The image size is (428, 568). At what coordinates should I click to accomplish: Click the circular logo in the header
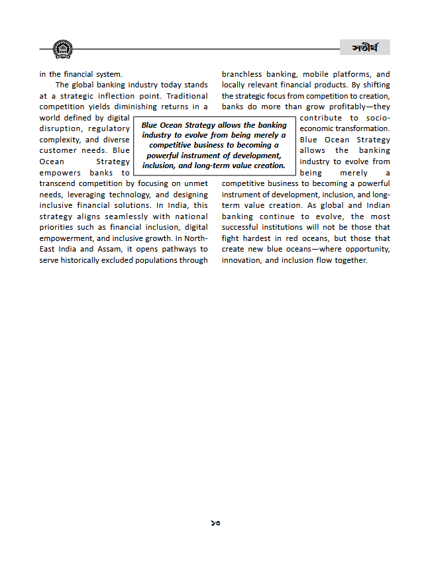pyautogui.click(x=62, y=48)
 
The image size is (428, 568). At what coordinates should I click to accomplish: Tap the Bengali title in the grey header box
pyautogui.click(x=365, y=48)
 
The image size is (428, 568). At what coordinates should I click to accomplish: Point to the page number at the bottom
pyautogui.click(x=215, y=523)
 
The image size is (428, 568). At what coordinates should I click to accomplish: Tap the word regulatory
pyautogui.click(x=109, y=129)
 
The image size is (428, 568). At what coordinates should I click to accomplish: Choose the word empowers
pyautogui.click(x=60, y=173)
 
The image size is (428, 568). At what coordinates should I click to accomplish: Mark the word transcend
pyautogui.click(x=61, y=183)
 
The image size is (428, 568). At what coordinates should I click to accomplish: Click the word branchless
pyautogui.click(x=242, y=75)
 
